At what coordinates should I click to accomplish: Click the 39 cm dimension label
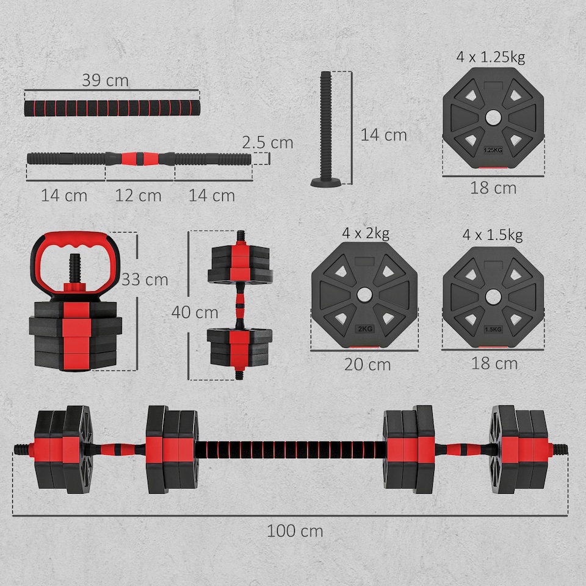pos(106,81)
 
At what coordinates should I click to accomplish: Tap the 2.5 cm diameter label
pos(267,143)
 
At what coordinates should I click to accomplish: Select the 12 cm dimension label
pos(139,196)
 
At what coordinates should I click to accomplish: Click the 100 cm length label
pos(295,530)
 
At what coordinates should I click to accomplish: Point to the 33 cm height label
pos(145,280)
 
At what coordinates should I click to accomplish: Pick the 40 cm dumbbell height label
pos(195,312)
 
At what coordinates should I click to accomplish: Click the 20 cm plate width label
pos(367,364)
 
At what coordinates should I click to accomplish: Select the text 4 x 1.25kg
pos(490,57)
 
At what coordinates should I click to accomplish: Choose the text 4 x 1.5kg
pos(492,234)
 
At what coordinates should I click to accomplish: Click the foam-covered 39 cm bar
pos(112,109)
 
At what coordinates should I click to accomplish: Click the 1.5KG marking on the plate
pos(493,330)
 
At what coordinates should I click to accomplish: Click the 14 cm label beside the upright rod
pos(383,134)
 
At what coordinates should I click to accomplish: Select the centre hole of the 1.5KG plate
pos(493,296)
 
